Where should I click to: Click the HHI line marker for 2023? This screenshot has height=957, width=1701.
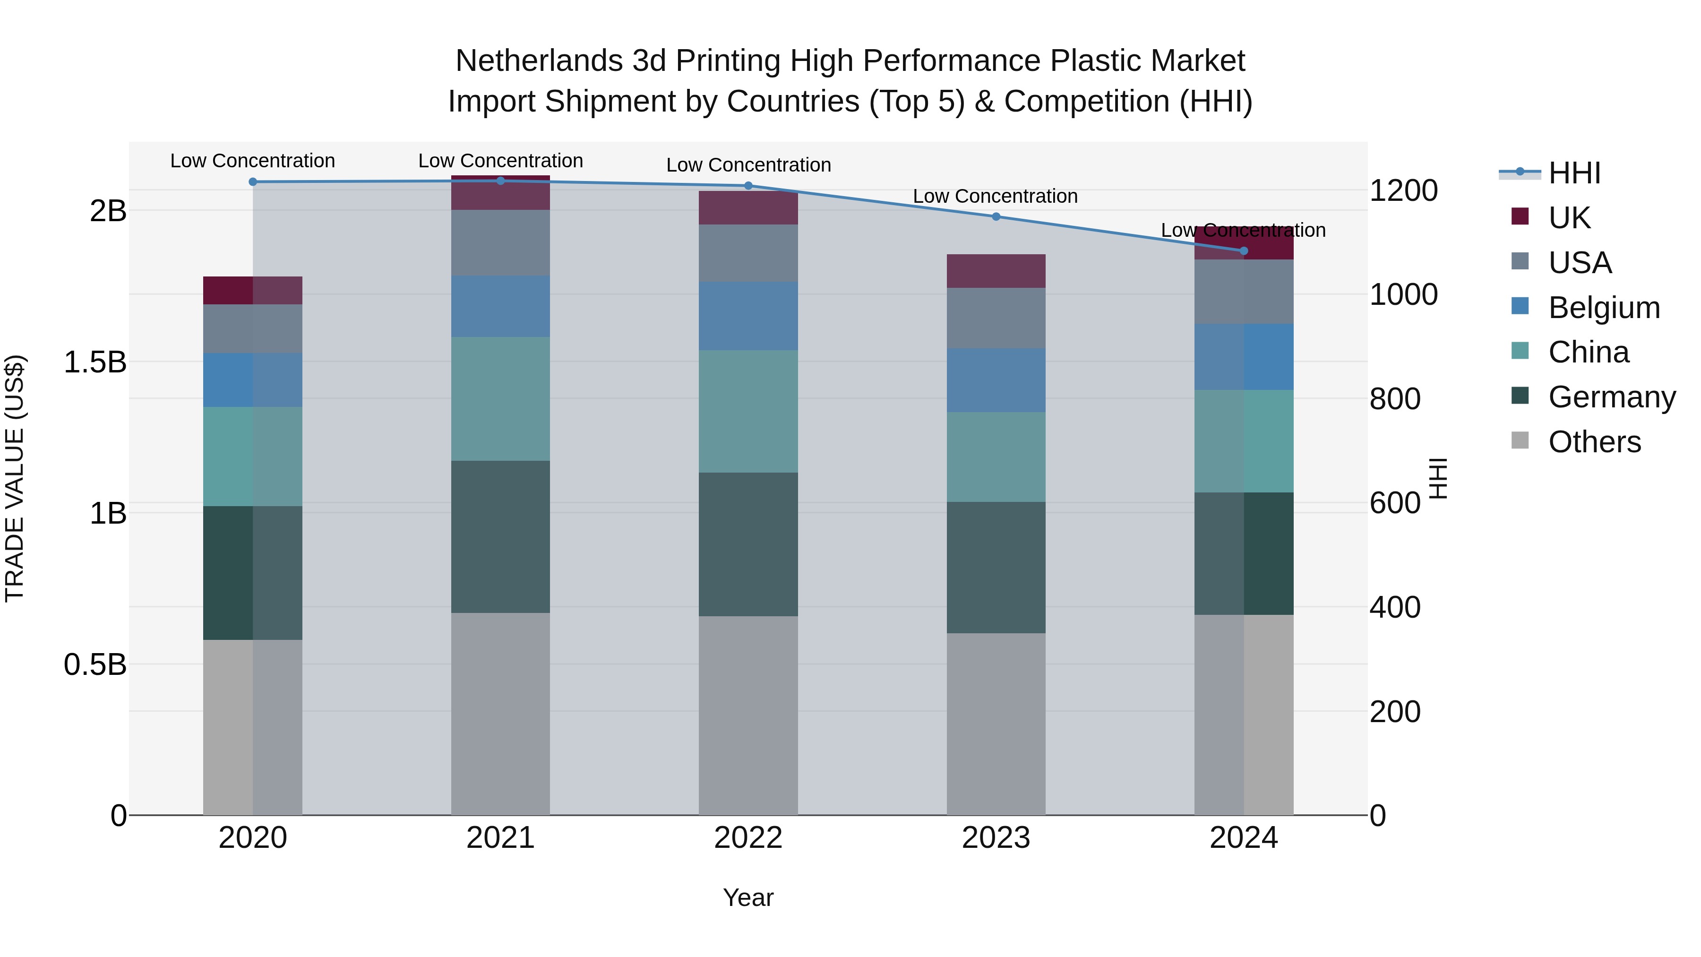pos(996,216)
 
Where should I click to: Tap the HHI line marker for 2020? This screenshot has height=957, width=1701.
pos(253,181)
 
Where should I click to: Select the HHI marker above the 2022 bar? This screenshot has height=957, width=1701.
pos(748,186)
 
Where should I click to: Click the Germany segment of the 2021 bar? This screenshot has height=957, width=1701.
pos(500,536)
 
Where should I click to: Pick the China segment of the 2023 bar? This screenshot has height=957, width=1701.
pos(996,457)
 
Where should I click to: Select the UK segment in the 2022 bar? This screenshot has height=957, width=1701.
pos(748,208)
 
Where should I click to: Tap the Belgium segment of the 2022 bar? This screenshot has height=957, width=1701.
pos(748,316)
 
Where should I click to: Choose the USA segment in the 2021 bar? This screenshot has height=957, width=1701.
pos(500,242)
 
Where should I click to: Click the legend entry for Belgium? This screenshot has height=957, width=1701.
pos(1603,308)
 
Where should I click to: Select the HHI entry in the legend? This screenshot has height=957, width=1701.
pos(1573,173)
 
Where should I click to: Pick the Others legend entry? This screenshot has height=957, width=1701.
pos(1593,442)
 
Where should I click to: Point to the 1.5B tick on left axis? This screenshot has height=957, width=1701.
pos(95,362)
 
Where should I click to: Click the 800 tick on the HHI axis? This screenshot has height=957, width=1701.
pos(1395,399)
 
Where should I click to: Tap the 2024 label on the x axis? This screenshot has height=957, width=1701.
pos(1244,838)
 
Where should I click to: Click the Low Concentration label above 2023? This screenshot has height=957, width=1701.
pos(995,196)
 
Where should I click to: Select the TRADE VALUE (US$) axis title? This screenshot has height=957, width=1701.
pos(15,478)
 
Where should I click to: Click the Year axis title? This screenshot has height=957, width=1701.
pos(748,897)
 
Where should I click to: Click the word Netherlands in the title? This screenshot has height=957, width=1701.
pos(539,61)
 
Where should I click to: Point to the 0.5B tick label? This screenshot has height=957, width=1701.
pos(95,664)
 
